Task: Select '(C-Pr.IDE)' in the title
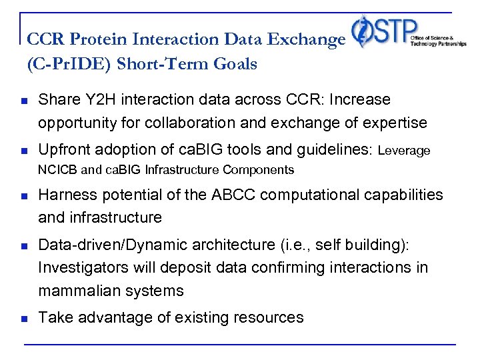tap(63, 64)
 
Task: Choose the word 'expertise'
tap(394, 123)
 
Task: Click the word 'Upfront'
tap(64, 151)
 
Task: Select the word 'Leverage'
tap(404, 151)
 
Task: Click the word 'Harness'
tap(65, 194)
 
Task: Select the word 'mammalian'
tap(75, 291)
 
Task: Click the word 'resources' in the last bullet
tap(271, 318)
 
